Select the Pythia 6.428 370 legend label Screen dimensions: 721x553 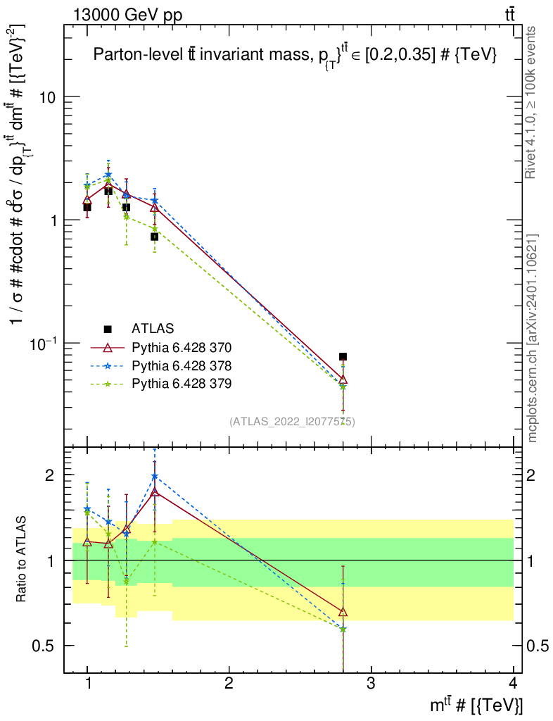point(182,347)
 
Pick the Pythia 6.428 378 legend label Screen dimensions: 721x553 point(182,365)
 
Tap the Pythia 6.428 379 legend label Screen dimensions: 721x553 point(182,384)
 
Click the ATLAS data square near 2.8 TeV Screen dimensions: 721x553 point(343,357)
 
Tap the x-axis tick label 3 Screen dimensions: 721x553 point(371,684)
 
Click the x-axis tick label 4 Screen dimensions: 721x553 point(513,684)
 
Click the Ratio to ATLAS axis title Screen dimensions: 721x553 point(22,560)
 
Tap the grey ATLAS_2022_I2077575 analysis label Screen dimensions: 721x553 point(292,422)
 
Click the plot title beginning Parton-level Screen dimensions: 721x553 point(295,56)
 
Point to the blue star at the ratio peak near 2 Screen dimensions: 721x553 point(154,477)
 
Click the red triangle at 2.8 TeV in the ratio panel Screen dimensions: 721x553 point(343,613)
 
